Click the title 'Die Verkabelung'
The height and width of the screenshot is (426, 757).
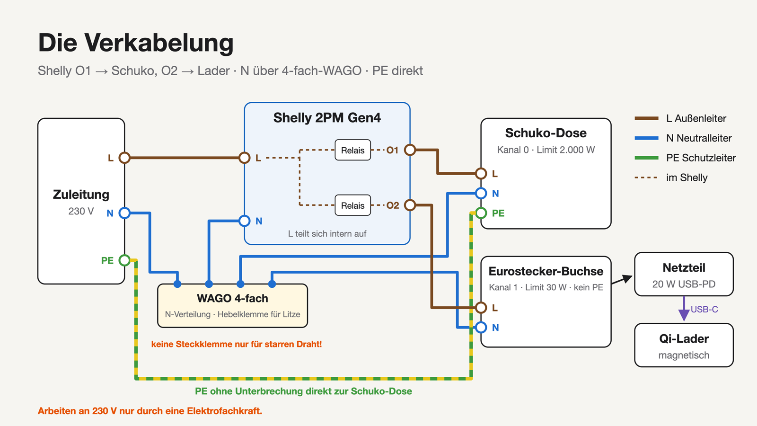click(136, 43)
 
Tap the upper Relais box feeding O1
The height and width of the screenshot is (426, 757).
click(352, 150)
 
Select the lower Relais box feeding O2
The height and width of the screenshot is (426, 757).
click(352, 205)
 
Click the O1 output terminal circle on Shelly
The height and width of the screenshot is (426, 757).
click(410, 150)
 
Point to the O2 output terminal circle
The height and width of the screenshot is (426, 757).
click(410, 205)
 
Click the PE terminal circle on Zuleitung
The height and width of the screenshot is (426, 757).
click(124, 260)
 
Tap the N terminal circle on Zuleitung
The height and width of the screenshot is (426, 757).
click(124, 213)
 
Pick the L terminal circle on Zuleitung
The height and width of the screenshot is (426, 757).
click(124, 158)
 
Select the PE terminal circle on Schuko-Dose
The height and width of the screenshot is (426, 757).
click(481, 213)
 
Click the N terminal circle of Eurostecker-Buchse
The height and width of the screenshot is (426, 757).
click(481, 327)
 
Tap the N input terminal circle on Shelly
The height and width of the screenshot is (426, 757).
click(244, 221)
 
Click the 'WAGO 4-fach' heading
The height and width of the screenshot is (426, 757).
click(232, 298)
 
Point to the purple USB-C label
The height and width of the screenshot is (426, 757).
click(704, 310)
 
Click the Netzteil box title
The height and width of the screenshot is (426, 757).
click(684, 268)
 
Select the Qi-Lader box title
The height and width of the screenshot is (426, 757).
click(684, 339)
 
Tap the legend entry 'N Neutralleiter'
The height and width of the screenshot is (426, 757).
click(699, 138)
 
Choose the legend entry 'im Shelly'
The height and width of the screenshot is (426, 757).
click(687, 177)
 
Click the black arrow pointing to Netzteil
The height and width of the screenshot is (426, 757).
click(622, 279)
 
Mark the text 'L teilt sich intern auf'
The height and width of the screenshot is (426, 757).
click(327, 234)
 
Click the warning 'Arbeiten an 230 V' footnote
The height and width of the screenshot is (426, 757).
click(150, 411)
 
